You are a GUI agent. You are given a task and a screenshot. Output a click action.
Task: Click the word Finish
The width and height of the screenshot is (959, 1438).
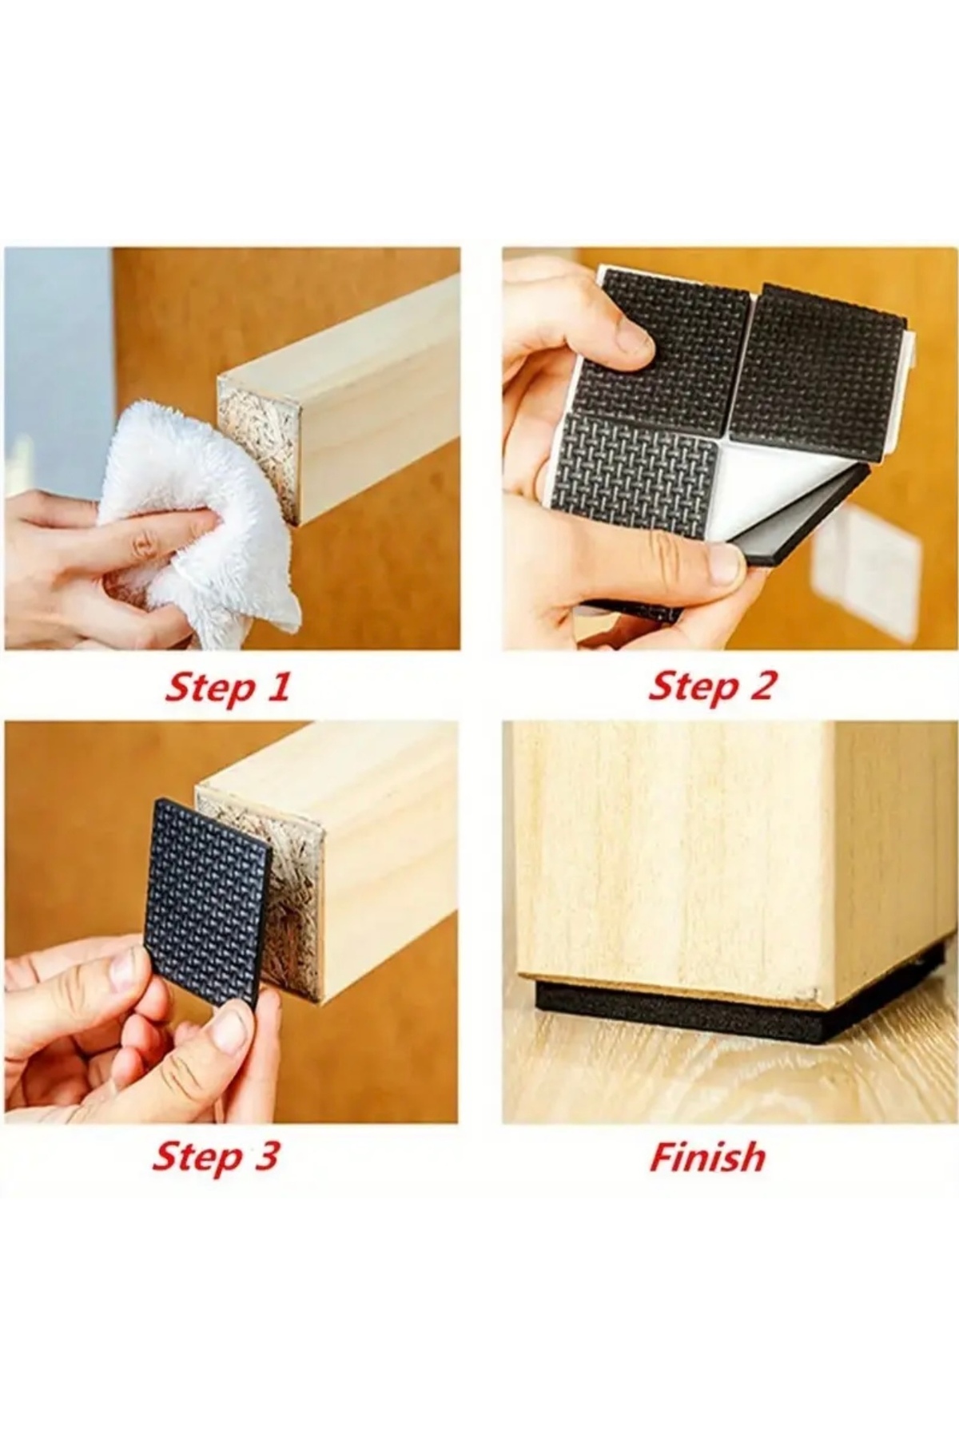click(x=707, y=1157)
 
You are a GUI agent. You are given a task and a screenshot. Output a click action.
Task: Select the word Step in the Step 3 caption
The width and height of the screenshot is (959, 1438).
click(x=196, y=1158)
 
